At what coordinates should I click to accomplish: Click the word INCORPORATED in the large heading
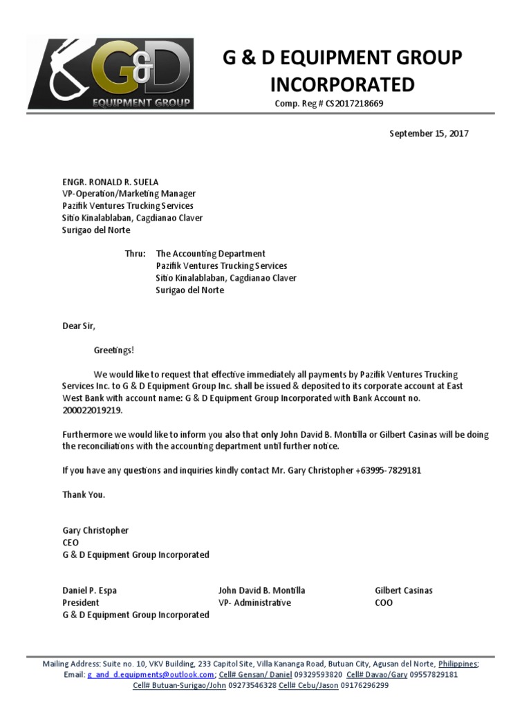coord(342,84)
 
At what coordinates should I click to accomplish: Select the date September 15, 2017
coord(429,133)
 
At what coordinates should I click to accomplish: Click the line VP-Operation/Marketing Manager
coord(129,194)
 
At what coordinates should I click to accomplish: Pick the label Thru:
coord(135,254)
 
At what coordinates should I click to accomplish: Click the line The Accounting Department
coord(210,254)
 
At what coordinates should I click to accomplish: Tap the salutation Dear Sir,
coord(79,326)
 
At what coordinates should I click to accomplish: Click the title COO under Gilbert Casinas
coord(384,602)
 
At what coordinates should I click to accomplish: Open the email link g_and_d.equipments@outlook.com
coord(150,674)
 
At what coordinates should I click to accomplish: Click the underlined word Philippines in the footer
coord(457,663)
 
